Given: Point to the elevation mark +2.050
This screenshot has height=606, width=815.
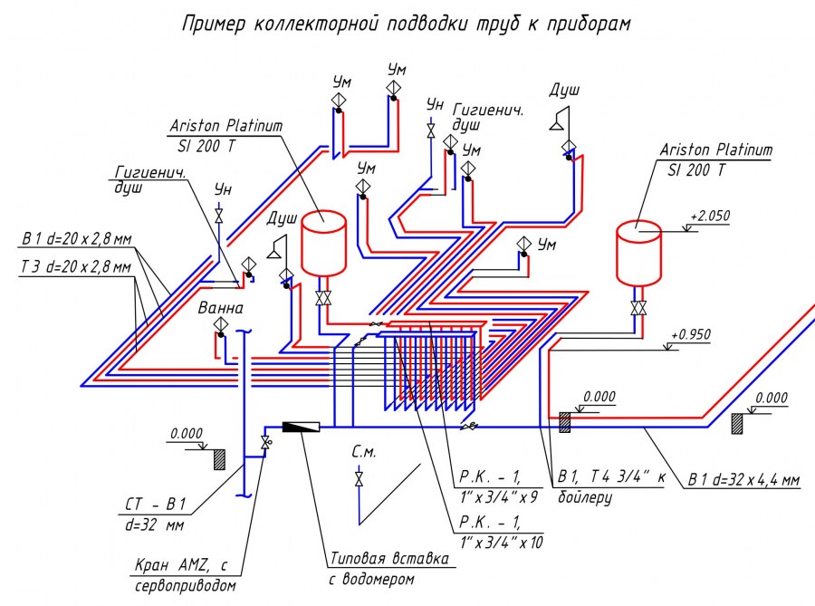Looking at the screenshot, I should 709,216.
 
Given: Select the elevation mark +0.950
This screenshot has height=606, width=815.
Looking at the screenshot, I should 690,335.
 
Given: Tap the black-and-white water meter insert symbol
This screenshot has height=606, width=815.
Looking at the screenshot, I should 300,425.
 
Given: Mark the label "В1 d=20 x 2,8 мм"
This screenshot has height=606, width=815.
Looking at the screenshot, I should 76,240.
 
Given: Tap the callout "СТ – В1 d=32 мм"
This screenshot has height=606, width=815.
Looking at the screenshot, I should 167,513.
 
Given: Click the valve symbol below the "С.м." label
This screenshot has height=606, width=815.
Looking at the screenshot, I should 360,477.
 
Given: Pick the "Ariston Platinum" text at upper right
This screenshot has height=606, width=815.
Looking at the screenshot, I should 715,149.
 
